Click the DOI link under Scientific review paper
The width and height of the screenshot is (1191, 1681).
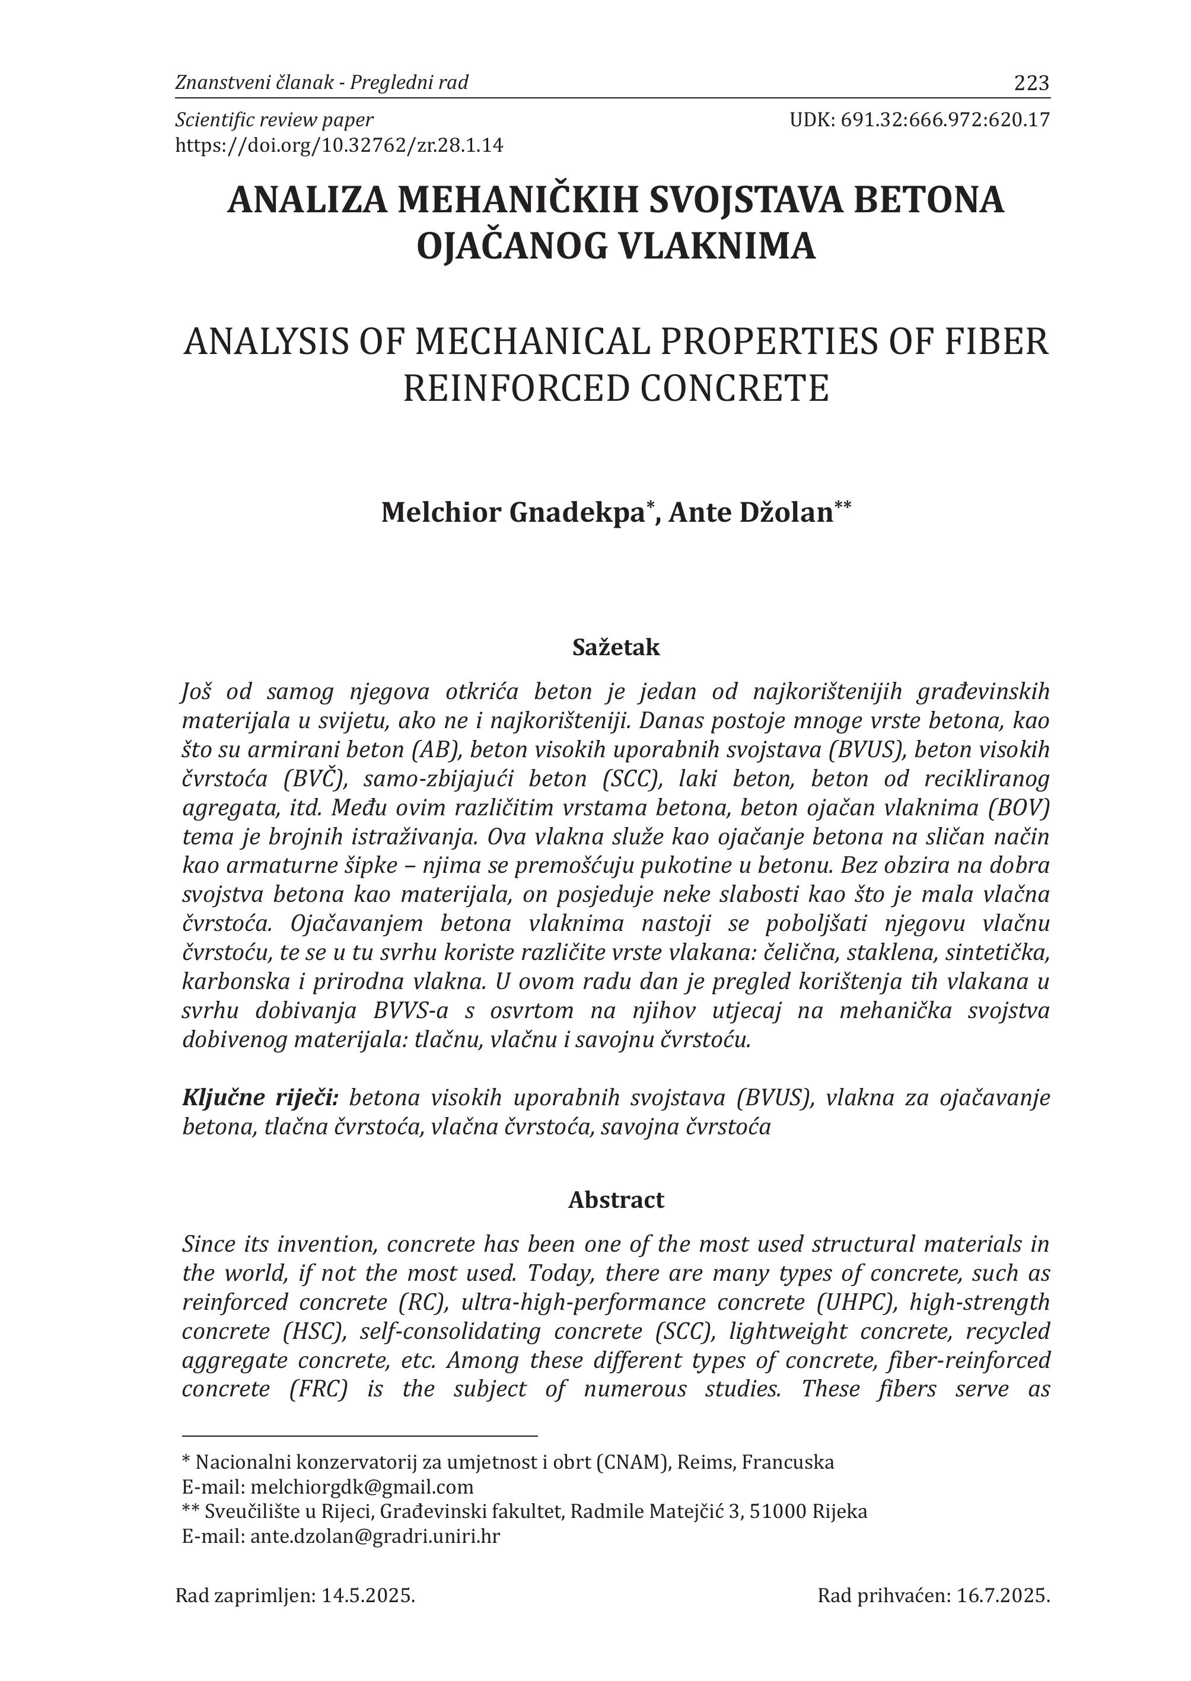[x=339, y=145]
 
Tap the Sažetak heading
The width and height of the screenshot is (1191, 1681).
[x=616, y=647]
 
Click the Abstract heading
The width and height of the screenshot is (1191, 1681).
[x=616, y=1200]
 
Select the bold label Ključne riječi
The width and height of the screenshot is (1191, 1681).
[x=260, y=1098]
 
